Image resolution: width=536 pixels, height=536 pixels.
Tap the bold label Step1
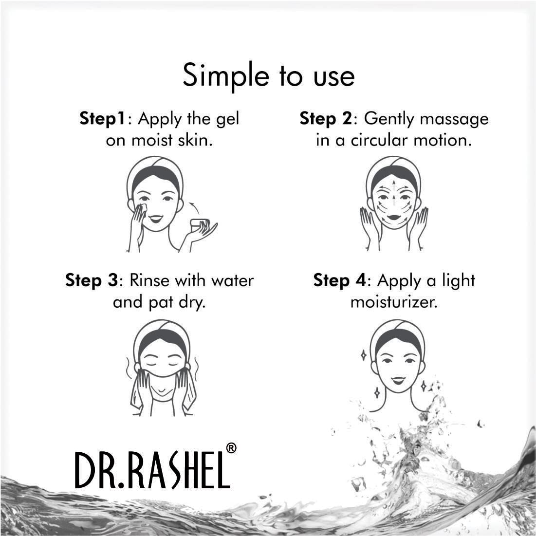pos(102,119)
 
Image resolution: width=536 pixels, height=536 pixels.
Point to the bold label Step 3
pos(92,280)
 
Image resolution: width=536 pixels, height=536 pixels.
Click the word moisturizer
pos(394,302)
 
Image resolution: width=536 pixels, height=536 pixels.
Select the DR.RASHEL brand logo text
pos(151,470)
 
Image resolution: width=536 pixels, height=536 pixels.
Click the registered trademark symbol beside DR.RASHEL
pos(231,448)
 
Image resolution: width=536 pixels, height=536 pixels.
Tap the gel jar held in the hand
pos(199,225)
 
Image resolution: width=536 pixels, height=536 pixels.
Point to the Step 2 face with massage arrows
pos(393,200)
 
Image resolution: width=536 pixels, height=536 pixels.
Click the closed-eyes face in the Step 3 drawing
pos(162,358)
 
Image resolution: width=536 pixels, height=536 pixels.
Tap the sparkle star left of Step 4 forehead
pos(363,355)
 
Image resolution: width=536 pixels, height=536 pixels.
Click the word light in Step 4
pos(458,280)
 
